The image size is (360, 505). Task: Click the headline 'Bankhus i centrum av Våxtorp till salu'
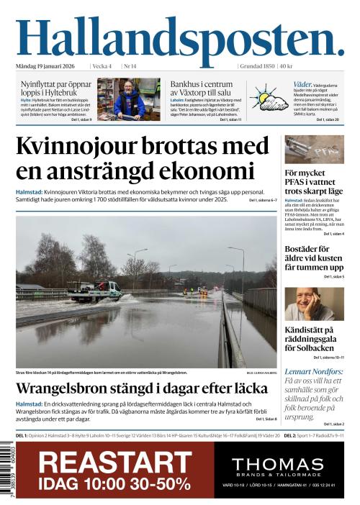206,88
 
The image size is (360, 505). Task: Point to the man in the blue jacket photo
129,101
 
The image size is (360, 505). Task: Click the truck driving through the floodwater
96,291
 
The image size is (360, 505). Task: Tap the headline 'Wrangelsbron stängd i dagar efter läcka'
141,388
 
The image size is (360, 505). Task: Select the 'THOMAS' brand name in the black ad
278,464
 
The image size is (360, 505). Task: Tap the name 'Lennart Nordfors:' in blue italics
314,371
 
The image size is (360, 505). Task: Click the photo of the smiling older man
313,304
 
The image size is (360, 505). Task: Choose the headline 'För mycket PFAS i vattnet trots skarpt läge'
314,183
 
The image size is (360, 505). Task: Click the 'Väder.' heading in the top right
302,84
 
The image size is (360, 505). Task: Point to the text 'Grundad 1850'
257,66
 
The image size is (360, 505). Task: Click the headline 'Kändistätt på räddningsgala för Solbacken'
314,339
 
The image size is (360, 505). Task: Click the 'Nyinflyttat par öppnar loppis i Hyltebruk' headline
55,88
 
